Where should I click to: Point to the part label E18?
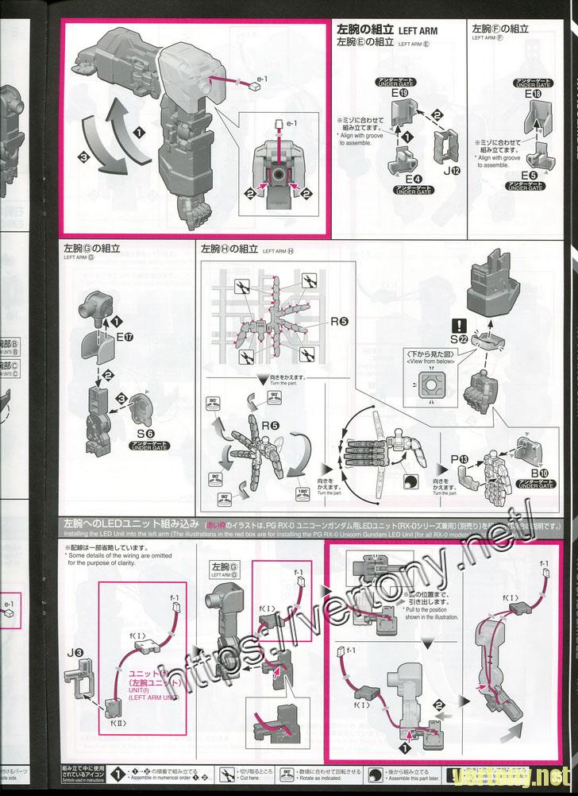(x=534, y=95)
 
